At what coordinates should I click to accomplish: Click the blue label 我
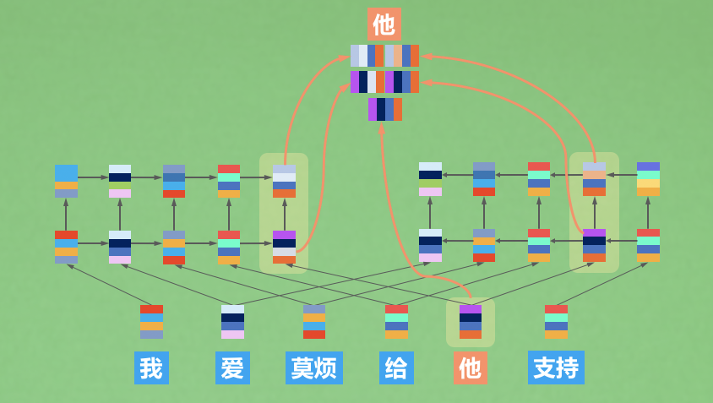click(x=151, y=368)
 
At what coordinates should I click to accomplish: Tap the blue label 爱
click(x=232, y=368)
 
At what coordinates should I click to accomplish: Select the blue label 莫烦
click(x=313, y=368)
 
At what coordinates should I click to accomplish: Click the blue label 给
click(x=396, y=368)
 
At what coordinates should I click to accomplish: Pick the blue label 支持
click(x=556, y=368)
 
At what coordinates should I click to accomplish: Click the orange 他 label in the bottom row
click(x=471, y=368)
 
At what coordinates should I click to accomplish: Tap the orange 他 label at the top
click(x=384, y=24)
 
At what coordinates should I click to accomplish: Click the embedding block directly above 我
click(x=151, y=322)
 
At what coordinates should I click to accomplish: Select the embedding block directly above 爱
click(x=232, y=322)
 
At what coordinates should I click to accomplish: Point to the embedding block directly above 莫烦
click(x=314, y=322)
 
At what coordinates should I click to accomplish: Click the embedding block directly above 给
click(x=396, y=322)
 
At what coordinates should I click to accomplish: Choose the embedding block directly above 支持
click(x=556, y=322)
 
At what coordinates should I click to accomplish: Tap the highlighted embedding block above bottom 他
click(x=471, y=322)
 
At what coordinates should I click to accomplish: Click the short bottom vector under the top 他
click(x=384, y=109)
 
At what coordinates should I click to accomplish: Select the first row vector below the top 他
click(x=384, y=56)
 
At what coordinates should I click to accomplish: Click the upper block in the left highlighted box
click(x=284, y=181)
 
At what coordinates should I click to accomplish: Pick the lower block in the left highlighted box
click(x=284, y=247)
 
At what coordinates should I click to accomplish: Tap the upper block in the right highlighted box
click(x=594, y=179)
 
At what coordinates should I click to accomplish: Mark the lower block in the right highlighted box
click(x=594, y=245)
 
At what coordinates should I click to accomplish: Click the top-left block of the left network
click(x=66, y=181)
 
